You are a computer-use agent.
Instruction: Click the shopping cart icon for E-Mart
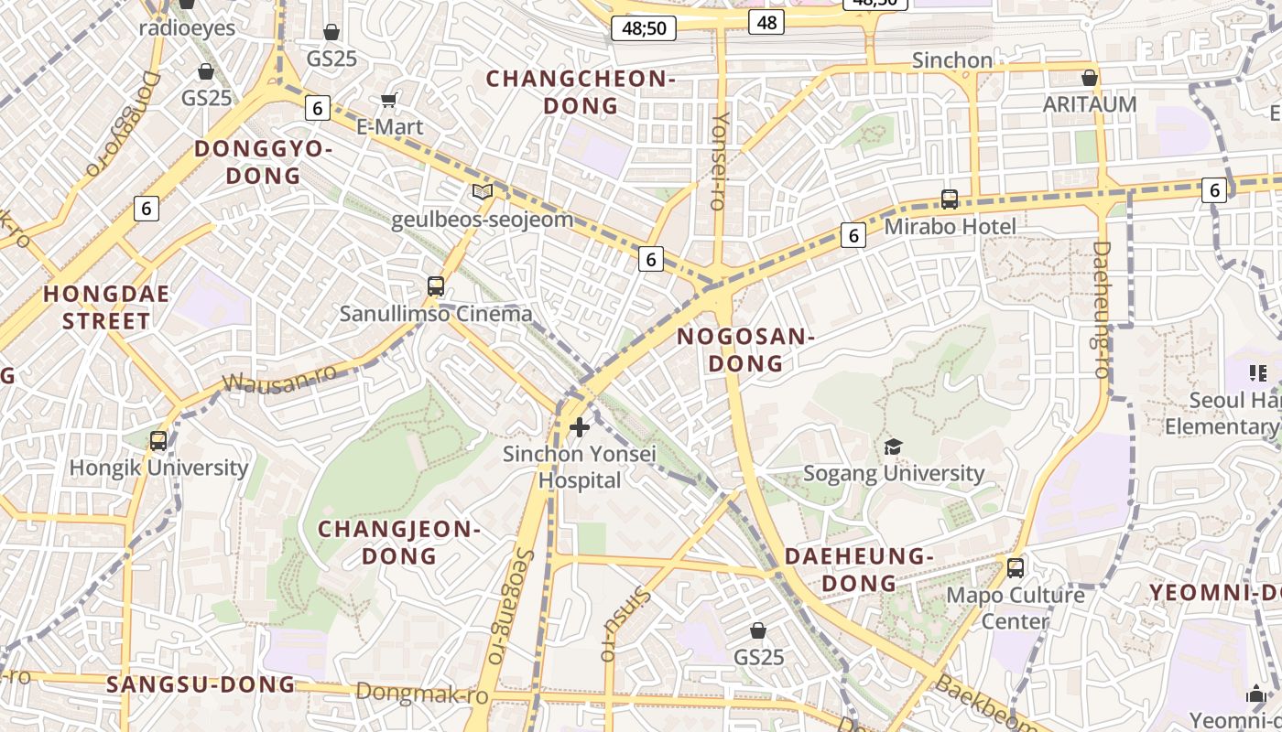(x=389, y=100)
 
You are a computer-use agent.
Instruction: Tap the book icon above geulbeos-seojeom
(x=482, y=192)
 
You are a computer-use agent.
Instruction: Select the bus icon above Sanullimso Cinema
(x=436, y=286)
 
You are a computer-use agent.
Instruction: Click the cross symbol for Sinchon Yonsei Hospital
(x=579, y=427)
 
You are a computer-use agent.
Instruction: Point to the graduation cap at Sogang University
(x=893, y=447)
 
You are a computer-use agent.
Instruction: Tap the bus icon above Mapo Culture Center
(x=1015, y=568)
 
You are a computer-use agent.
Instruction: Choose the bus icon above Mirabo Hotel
(x=950, y=199)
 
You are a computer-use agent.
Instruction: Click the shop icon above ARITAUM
(x=1090, y=78)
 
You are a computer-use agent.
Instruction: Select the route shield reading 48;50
(x=644, y=28)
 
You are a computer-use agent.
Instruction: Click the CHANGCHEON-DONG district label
(x=581, y=92)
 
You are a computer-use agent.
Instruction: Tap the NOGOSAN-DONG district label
(x=745, y=350)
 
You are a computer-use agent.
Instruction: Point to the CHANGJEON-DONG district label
(x=399, y=543)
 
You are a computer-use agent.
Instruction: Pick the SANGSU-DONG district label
(x=201, y=684)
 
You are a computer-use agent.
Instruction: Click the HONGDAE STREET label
(x=106, y=307)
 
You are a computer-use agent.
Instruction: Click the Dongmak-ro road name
(x=421, y=693)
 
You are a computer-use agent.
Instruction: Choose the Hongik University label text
(x=159, y=468)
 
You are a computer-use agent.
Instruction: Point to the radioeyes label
(x=187, y=28)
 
